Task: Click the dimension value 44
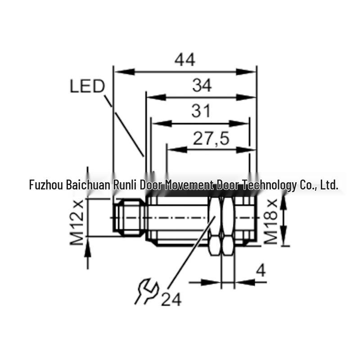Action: [x=185, y=60]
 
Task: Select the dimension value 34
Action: [x=202, y=85]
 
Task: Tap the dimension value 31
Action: [x=201, y=111]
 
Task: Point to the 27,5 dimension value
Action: [x=211, y=139]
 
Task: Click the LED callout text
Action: [x=87, y=86]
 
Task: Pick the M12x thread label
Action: [x=76, y=223]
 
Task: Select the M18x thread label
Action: [x=271, y=221]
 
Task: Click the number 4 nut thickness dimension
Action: [x=261, y=270]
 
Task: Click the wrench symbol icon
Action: [x=147, y=291]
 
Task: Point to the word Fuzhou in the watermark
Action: [x=46, y=185]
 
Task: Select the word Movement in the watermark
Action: [x=189, y=185]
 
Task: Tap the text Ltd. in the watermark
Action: [x=329, y=185]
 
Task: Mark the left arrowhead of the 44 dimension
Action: [x=124, y=72]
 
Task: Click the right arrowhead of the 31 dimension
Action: [x=239, y=123]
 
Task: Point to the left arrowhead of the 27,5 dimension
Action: [x=177, y=150]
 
